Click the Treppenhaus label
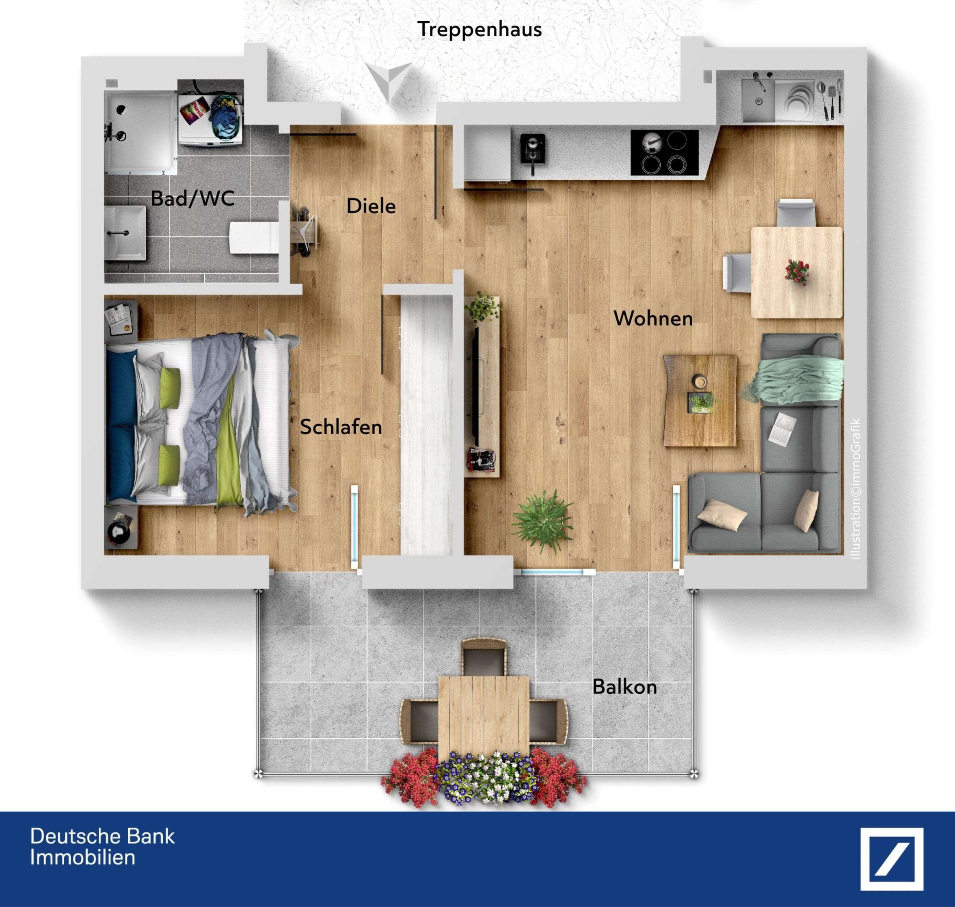[479, 30]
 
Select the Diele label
[371, 207]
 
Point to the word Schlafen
[341, 427]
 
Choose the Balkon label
[624, 687]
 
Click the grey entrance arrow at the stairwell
[388, 80]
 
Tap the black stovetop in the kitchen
[664, 153]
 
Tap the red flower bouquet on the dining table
[796, 271]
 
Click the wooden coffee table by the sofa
[700, 400]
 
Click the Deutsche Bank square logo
[892, 859]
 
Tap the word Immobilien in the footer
[82, 857]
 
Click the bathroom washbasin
[125, 233]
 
